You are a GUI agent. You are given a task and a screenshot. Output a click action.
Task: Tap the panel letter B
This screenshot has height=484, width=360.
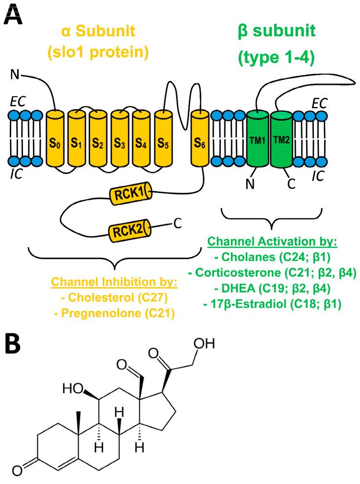(13, 345)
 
